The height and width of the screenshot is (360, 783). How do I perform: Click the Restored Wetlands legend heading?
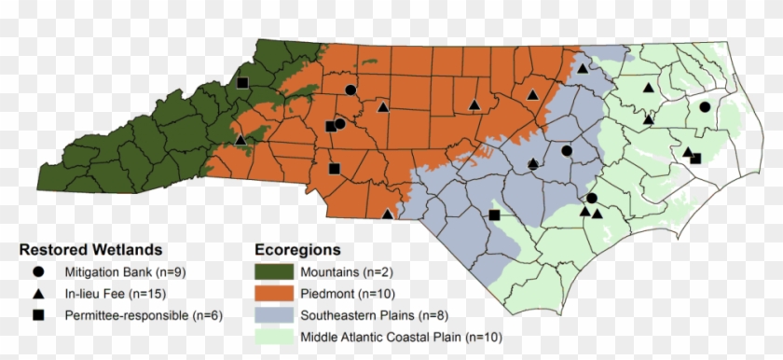(91, 250)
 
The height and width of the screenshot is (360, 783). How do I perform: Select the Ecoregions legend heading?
(297, 250)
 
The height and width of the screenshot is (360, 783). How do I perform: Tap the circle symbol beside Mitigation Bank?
(38, 272)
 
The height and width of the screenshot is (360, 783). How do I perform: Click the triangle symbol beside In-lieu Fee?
(38, 294)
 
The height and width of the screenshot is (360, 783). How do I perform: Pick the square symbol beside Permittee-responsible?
(38, 316)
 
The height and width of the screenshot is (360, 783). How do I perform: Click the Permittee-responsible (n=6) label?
(144, 316)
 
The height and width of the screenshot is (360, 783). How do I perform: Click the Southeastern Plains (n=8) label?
(373, 315)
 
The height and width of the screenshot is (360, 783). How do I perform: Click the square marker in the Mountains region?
(242, 84)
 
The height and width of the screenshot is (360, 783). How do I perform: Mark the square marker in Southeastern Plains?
(494, 215)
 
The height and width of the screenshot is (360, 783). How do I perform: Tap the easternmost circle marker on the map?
(705, 107)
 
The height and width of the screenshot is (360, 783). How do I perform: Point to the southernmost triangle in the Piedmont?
(388, 214)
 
